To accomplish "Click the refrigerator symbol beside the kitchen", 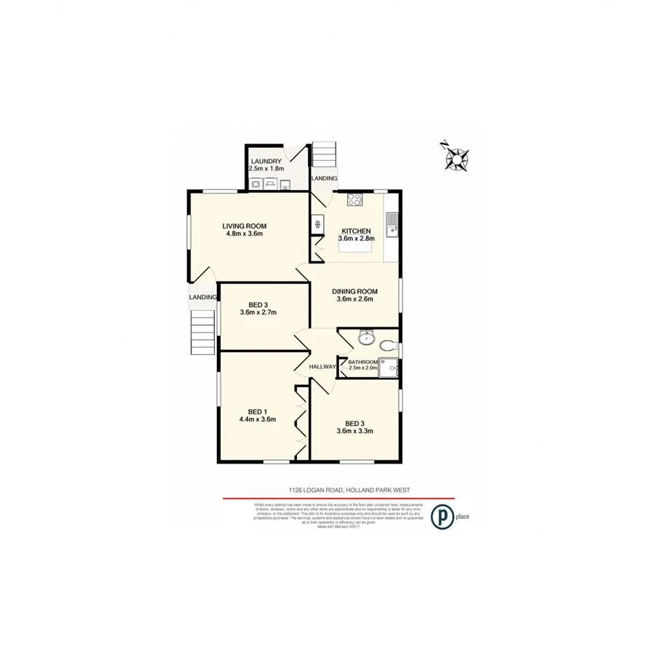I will pyautogui.click(x=318, y=224).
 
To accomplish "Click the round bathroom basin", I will pyautogui.click(x=365, y=338).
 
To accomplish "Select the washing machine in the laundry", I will pyautogui.click(x=256, y=183).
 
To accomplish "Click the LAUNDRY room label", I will pyautogui.click(x=265, y=161).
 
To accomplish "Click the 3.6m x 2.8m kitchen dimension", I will pyautogui.click(x=356, y=239).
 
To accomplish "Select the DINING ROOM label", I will pyautogui.click(x=354, y=290).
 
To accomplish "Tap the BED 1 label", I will pyautogui.click(x=257, y=410).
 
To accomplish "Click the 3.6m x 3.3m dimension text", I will pyautogui.click(x=354, y=432).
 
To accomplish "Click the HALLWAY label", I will pyautogui.click(x=322, y=367).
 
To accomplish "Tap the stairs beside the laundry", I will pyautogui.click(x=324, y=155).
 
